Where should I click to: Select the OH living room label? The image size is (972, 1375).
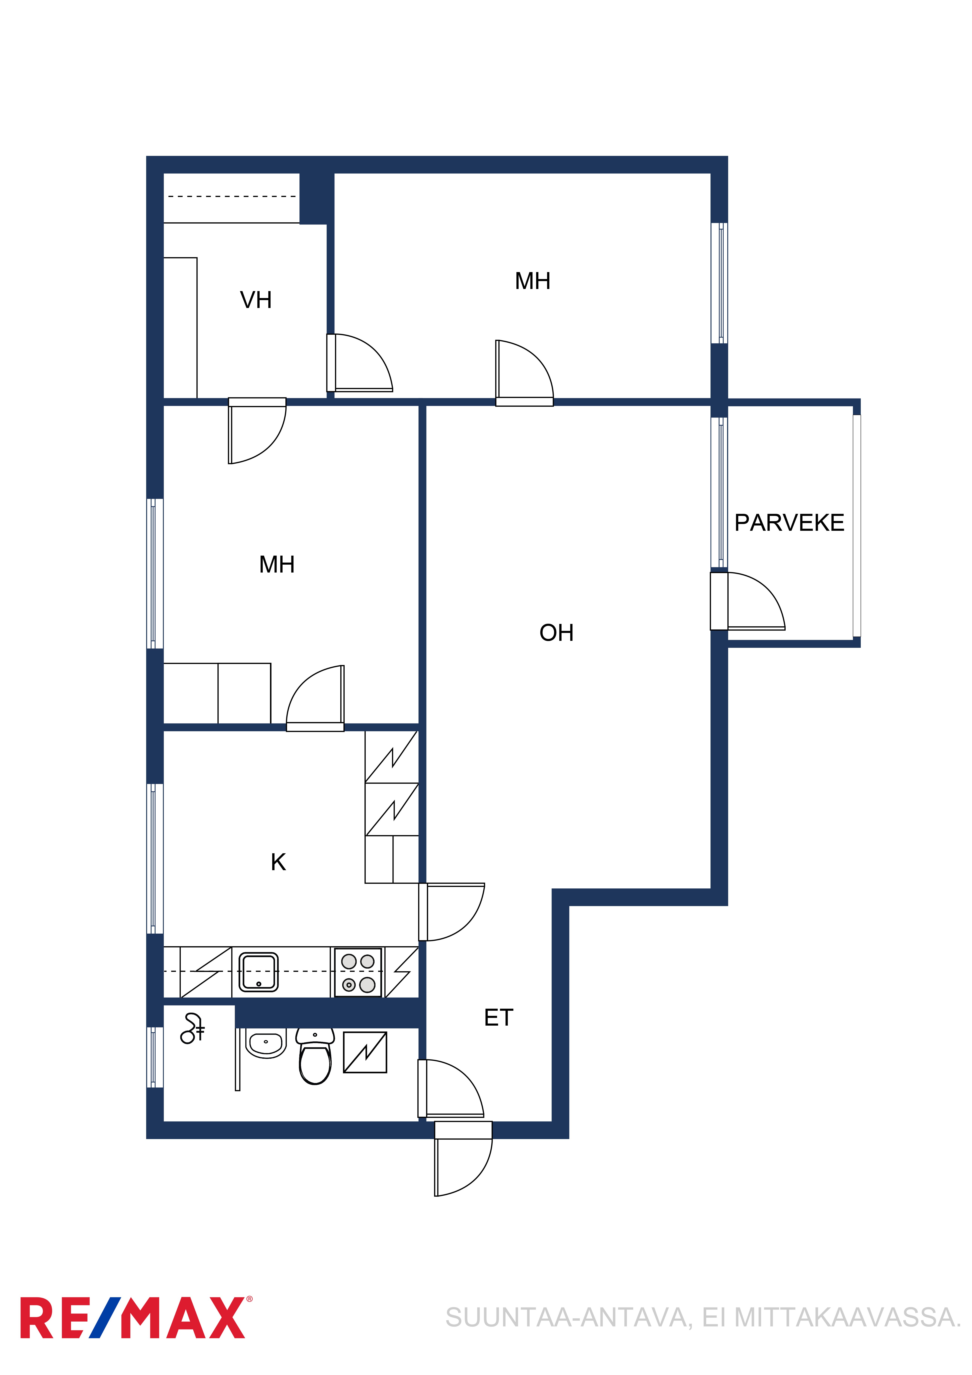click(556, 632)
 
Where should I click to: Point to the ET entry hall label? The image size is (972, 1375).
click(498, 1018)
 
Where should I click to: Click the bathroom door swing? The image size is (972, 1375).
click(451, 1089)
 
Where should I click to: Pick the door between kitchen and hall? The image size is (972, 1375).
click(452, 911)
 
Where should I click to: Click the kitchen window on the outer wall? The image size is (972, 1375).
click(155, 859)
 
